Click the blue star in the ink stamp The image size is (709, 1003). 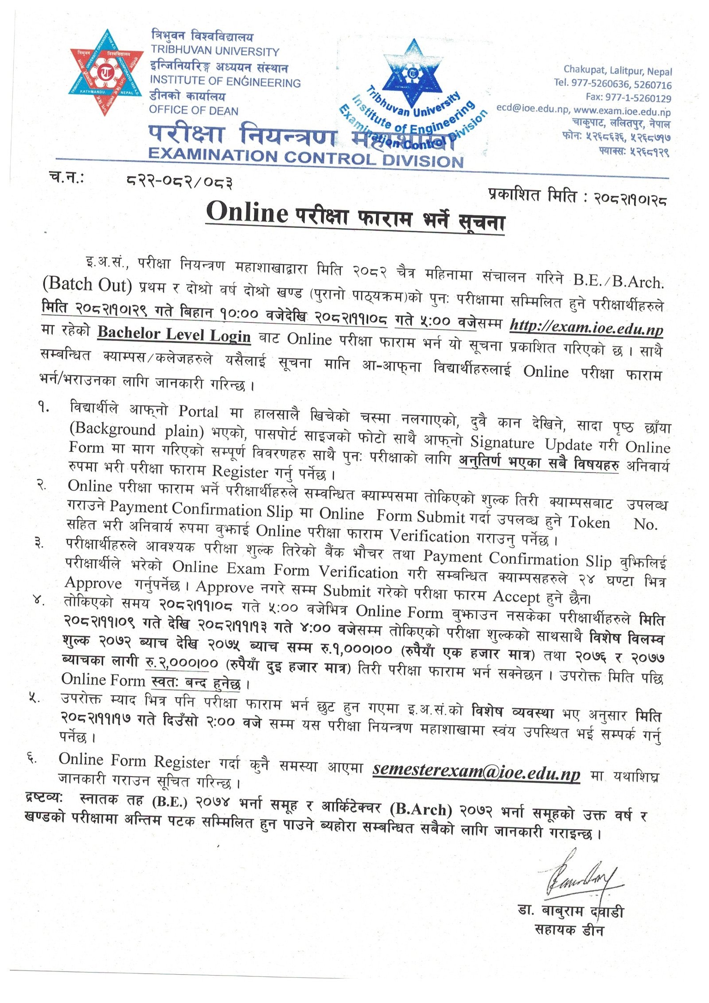(x=413, y=71)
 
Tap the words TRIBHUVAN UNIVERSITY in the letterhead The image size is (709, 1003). (x=215, y=51)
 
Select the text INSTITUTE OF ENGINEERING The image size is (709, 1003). (x=225, y=82)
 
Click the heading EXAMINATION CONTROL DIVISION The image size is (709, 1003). (x=306, y=158)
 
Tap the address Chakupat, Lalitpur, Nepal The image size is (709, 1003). (x=617, y=70)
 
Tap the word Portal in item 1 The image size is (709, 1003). (x=198, y=411)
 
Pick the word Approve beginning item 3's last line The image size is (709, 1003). (x=93, y=583)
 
